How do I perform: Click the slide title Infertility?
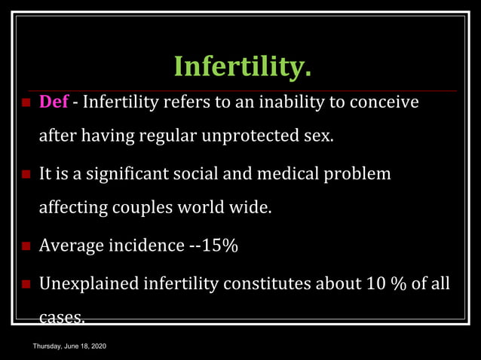click(x=242, y=66)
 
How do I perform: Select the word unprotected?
click(x=259, y=137)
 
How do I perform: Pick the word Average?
click(x=71, y=246)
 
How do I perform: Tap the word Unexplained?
click(x=87, y=284)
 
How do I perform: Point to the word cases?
click(x=60, y=318)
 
